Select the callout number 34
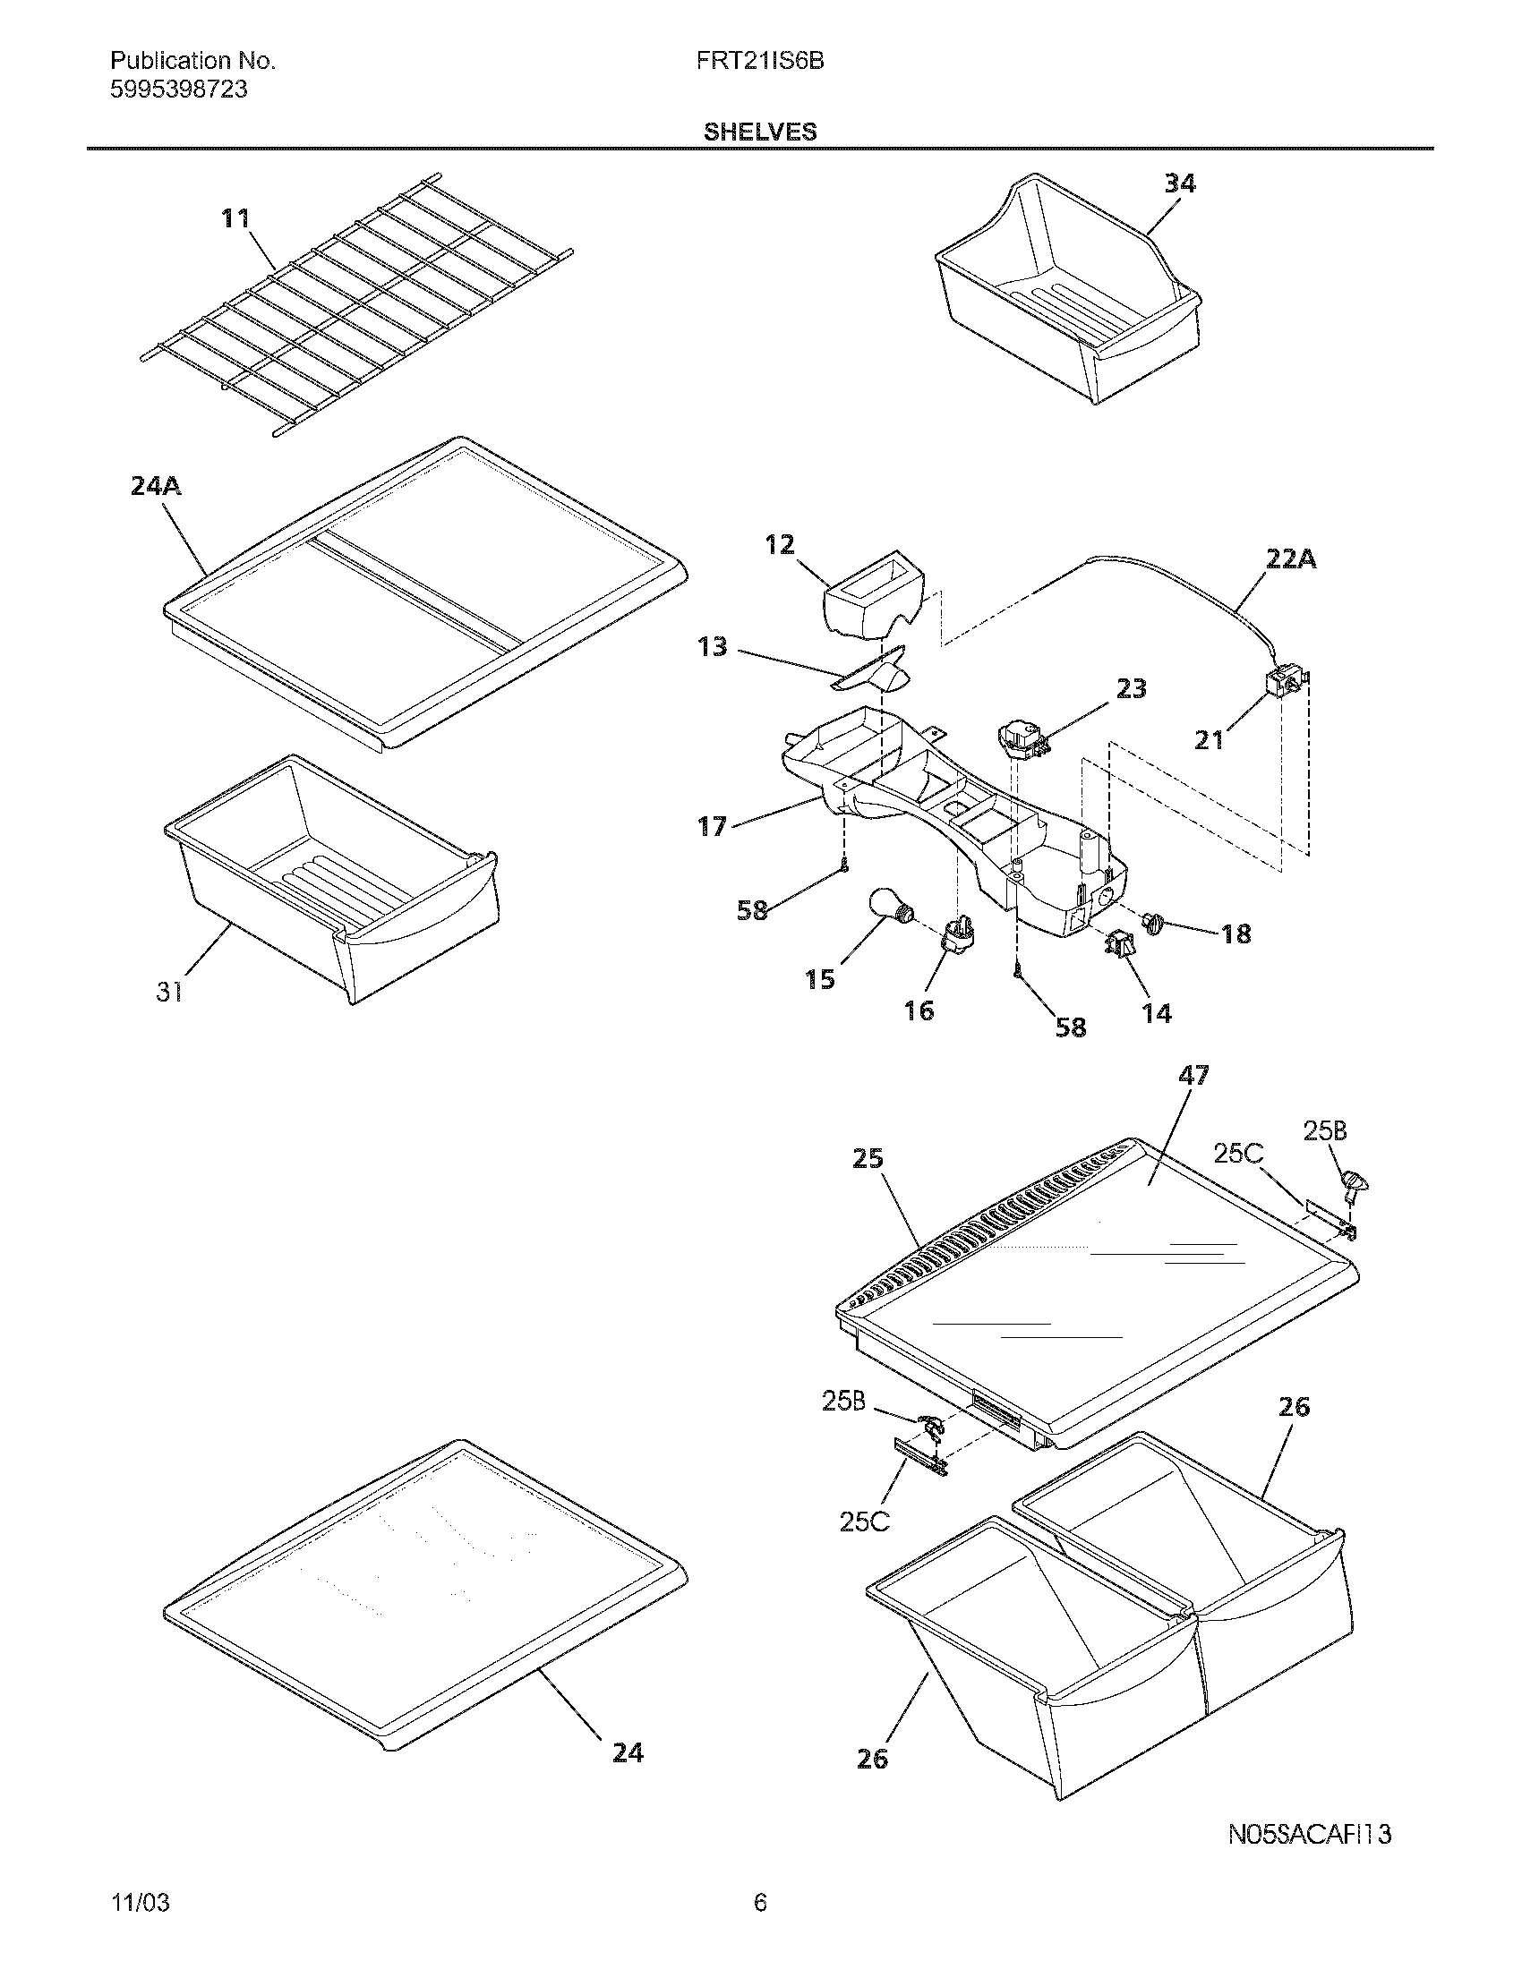click(x=1179, y=183)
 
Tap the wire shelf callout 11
click(x=235, y=219)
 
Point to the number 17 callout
click(x=713, y=826)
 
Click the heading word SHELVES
click(x=760, y=132)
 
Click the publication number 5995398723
click(x=178, y=90)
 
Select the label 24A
click(x=155, y=487)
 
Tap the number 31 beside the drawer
click(x=169, y=992)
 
